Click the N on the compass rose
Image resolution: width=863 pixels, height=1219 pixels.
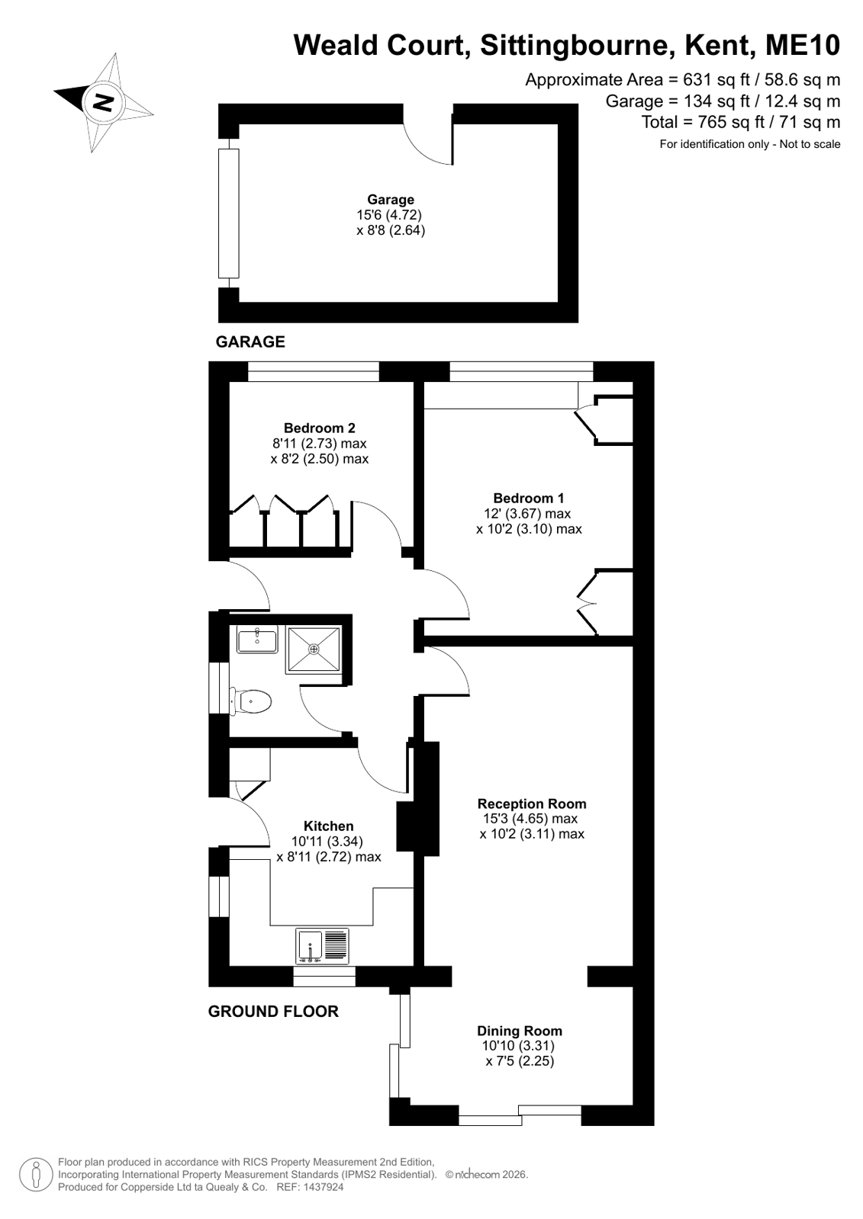(103, 101)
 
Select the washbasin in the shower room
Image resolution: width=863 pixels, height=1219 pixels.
(257, 639)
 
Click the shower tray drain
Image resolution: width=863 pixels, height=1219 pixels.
(314, 650)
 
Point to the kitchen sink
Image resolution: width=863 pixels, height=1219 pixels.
(323, 946)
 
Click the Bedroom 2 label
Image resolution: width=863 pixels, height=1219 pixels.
(319, 428)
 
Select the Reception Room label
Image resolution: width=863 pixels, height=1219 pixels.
(532, 804)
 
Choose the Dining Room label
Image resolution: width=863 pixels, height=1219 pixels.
(519, 1030)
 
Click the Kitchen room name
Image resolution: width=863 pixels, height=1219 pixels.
(329, 826)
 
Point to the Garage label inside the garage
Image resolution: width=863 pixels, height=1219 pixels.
(391, 199)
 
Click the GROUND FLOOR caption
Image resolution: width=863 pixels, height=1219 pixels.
(273, 1011)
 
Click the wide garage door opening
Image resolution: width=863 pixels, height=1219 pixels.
(229, 213)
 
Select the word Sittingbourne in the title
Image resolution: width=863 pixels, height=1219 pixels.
(575, 46)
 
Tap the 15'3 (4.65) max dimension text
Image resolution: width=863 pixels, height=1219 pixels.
(530, 819)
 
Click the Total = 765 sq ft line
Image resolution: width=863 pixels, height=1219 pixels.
(740, 123)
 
